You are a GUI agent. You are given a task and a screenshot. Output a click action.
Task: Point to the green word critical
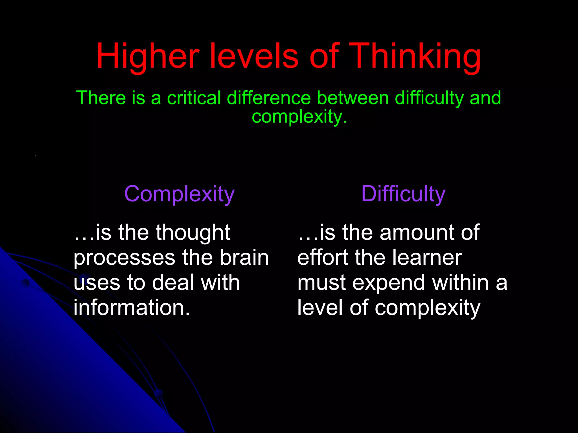194,98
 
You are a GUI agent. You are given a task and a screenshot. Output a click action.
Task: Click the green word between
353,98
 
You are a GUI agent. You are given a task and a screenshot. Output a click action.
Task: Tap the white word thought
193,233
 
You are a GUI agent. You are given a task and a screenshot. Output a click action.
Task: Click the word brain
244,258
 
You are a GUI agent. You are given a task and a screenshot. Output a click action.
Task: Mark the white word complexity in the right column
427,308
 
